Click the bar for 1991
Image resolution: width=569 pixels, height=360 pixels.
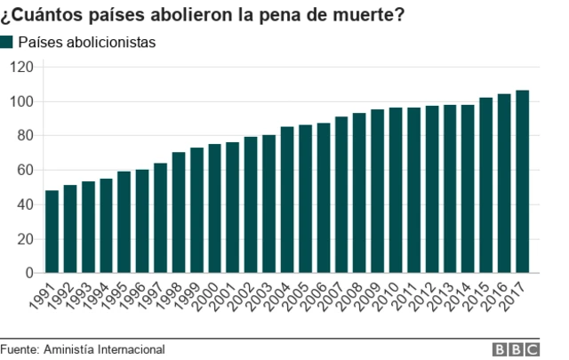[x=52, y=232]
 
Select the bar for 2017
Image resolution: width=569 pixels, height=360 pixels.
[x=522, y=182]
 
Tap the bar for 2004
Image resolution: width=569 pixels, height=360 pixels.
[x=287, y=200]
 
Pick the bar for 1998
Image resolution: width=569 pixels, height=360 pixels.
[x=179, y=212]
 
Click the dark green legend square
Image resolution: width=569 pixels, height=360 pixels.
[x=7, y=42]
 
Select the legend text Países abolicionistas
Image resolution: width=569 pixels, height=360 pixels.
[x=87, y=42]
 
